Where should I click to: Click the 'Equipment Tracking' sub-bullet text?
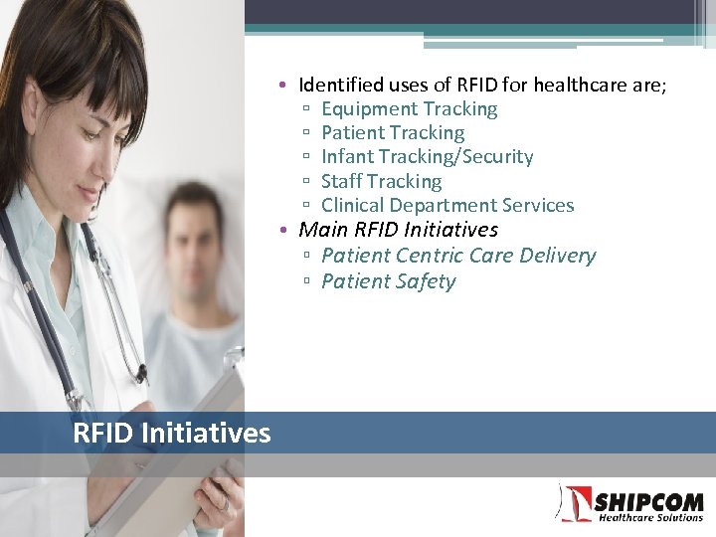[x=409, y=109]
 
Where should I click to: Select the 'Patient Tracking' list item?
[x=393, y=133]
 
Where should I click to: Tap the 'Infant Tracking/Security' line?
[x=427, y=157]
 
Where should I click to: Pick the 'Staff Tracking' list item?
[x=381, y=182]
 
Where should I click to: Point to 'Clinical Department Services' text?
[x=447, y=206]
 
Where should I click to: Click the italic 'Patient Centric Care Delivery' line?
[x=458, y=256]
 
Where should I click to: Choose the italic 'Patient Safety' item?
[x=388, y=281]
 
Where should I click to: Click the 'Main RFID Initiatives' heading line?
[x=398, y=230]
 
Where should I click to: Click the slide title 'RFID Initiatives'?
[x=171, y=434]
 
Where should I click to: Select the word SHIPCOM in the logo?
[x=647, y=501]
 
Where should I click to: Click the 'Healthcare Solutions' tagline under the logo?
[x=649, y=517]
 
